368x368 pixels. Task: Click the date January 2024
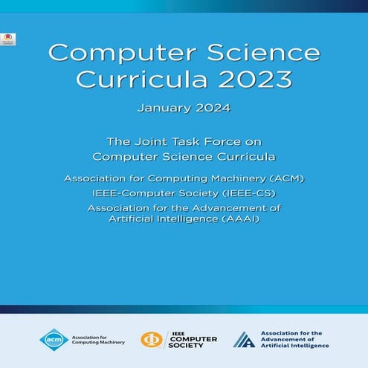coord(184,109)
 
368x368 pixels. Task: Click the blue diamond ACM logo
coord(54,339)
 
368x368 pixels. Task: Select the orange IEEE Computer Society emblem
coord(153,339)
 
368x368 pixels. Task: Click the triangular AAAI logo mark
coord(244,339)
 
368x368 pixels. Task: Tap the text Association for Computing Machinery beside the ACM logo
coord(94,339)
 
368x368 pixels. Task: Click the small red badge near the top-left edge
coord(8,39)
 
